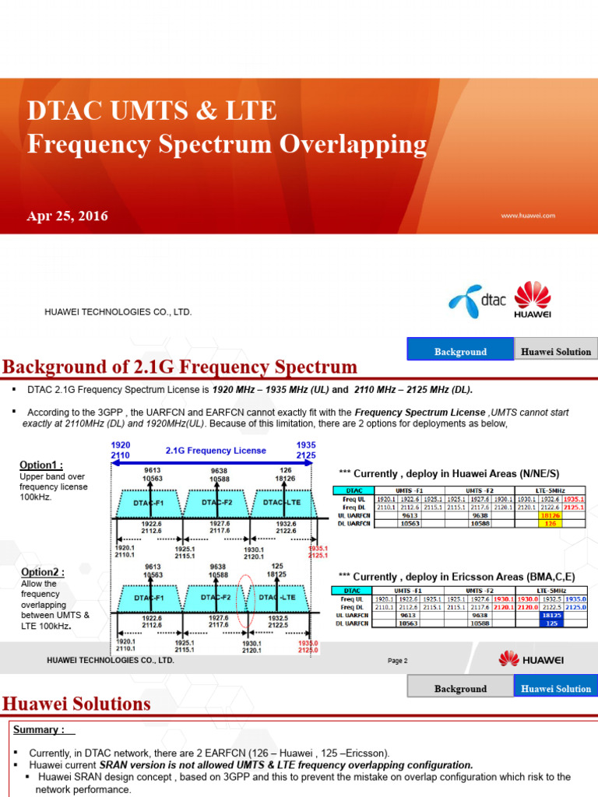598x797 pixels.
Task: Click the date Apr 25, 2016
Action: click(68, 216)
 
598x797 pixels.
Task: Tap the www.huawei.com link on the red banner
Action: click(528, 216)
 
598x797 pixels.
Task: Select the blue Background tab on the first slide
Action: click(460, 352)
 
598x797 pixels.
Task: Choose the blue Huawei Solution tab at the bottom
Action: click(556, 688)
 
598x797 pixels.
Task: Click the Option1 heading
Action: click(40, 465)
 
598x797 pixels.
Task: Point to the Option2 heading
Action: click(40, 572)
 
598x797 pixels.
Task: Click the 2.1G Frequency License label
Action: click(216, 450)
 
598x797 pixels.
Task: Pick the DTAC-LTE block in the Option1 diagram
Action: click(282, 502)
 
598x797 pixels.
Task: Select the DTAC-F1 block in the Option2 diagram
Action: click(148, 598)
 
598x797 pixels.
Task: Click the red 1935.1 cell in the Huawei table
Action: click(574, 498)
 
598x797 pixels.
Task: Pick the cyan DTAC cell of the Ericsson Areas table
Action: click(351, 591)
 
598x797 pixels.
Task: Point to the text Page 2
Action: click(398, 661)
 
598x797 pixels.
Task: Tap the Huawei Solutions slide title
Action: click(76, 704)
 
